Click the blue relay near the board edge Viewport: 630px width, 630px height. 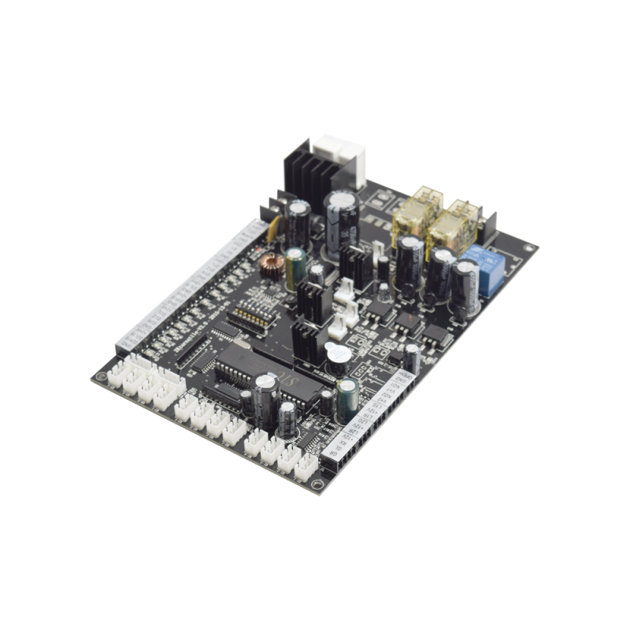483,269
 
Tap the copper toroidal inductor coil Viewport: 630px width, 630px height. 272,265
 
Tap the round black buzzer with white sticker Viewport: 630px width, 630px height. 338,357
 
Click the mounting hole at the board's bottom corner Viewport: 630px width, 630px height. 315,484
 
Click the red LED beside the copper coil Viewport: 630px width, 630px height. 258,250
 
